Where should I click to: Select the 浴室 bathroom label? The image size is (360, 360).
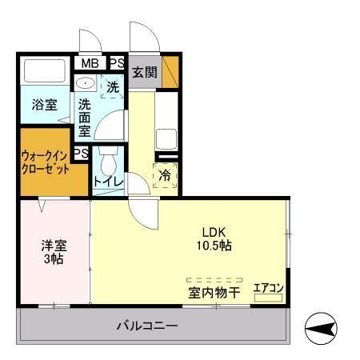44,106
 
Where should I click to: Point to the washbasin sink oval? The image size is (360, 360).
85,83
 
